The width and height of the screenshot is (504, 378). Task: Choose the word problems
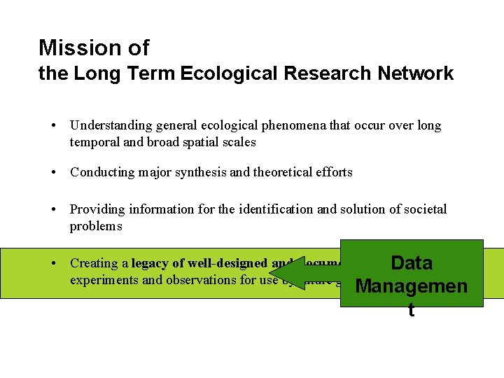[96, 226]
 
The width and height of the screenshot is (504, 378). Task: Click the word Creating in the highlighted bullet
[93, 263]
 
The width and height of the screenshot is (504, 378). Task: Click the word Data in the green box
[412, 263]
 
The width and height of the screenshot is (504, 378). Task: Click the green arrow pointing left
[315, 273]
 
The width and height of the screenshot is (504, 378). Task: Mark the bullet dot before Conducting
[54, 172]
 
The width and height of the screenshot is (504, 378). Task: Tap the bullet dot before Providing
[54, 209]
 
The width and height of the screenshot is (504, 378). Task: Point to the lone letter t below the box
[411, 311]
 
